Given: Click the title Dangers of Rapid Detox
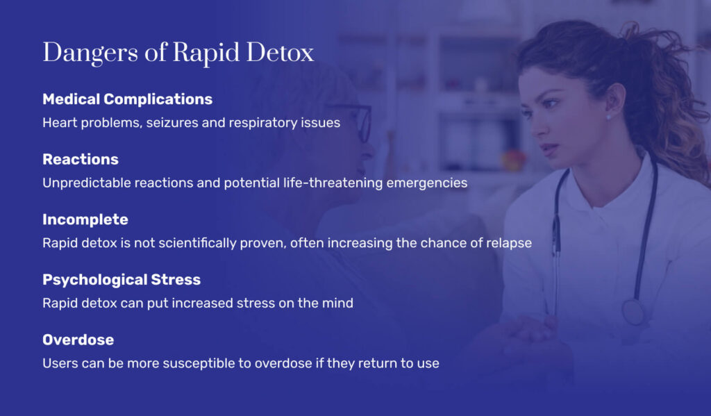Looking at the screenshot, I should click(x=178, y=53).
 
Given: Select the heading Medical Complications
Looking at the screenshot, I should click(x=127, y=99).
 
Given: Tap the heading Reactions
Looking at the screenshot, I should click(x=81, y=159).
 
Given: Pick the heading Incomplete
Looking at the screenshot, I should click(x=85, y=219).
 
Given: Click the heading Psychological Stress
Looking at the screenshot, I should click(x=122, y=280).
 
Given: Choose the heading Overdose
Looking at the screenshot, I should click(x=78, y=340).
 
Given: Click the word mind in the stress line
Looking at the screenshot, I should click(x=338, y=303).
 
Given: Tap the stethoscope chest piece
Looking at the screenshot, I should click(x=633, y=312).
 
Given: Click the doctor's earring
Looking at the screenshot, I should click(x=608, y=116).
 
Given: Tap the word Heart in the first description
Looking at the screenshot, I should click(x=58, y=123).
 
